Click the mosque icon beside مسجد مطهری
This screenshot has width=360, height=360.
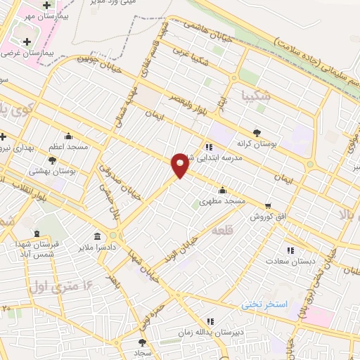pyautogui.click(x=223, y=189)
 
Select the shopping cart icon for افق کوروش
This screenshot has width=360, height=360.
pyautogui.click(x=268, y=206)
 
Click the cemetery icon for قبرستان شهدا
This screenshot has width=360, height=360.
pyautogui.click(x=37, y=233)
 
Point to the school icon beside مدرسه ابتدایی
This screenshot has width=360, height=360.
pyautogui.click(x=208, y=147)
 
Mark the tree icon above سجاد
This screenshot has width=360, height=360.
pyautogui.click(x=143, y=342)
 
